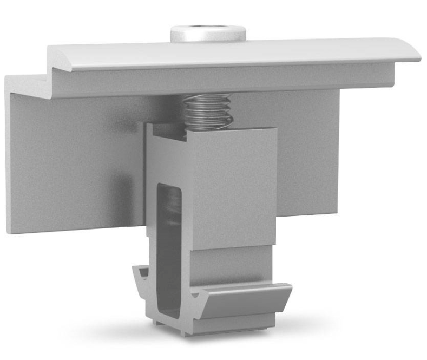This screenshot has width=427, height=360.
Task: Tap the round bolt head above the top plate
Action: [x=208, y=34]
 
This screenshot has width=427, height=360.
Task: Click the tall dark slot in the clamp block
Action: [x=168, y=244]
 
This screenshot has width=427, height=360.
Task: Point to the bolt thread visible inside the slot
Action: [x=173, y=206]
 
